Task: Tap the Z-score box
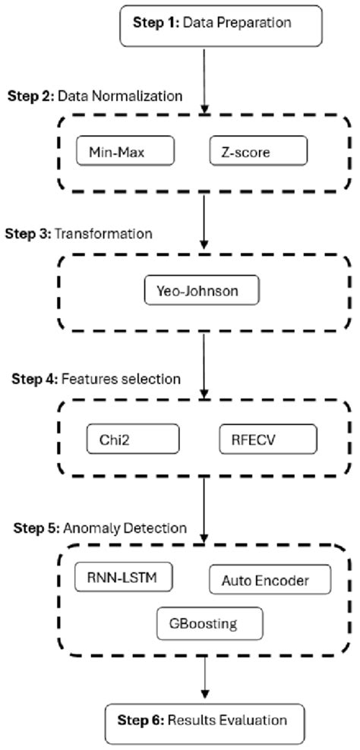tap(258, 151)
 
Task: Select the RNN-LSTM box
tap(124, 576)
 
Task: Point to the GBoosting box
tap(209, 624)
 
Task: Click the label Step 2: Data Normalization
tap(95, 96)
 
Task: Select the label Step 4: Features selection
tap(96, 379)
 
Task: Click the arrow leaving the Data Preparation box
tap(204, 76)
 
